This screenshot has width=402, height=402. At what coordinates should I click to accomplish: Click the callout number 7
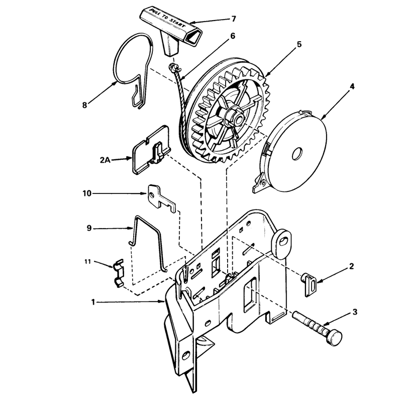pyautogui.click(x=233, y=19)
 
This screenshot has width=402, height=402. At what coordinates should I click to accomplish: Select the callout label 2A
pyautogui.click(x=105, y=160)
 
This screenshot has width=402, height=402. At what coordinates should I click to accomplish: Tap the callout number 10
pyautogui.click(x=87, y=193)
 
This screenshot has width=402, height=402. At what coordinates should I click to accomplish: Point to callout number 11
pyautogui.click(x=87, y=262)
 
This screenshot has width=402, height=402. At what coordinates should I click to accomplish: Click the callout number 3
pyautogui.click(x=355, y=312)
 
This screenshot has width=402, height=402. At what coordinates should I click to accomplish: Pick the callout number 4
pyautogui.click(x=352, y=86)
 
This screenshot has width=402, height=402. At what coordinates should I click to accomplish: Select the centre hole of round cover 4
pyautogui.click(x=297, y=153)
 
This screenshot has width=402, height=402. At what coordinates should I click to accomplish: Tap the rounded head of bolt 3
pyautogui.click(x=334, y=338)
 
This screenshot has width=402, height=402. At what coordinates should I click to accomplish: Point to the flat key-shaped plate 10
pyautogui.click(x=161, y=198)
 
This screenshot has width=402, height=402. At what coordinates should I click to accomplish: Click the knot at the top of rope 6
pyautogui.click(x=172, y=67)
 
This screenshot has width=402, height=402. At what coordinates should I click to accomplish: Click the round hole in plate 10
pyautogui.click(x=152, y=195)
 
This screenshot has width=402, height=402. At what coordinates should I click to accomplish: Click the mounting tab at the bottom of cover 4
pyautogui.click(x=260, y=183)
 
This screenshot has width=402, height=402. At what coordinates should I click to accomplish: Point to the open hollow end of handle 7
pyautogui.click(x=192, y=34)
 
